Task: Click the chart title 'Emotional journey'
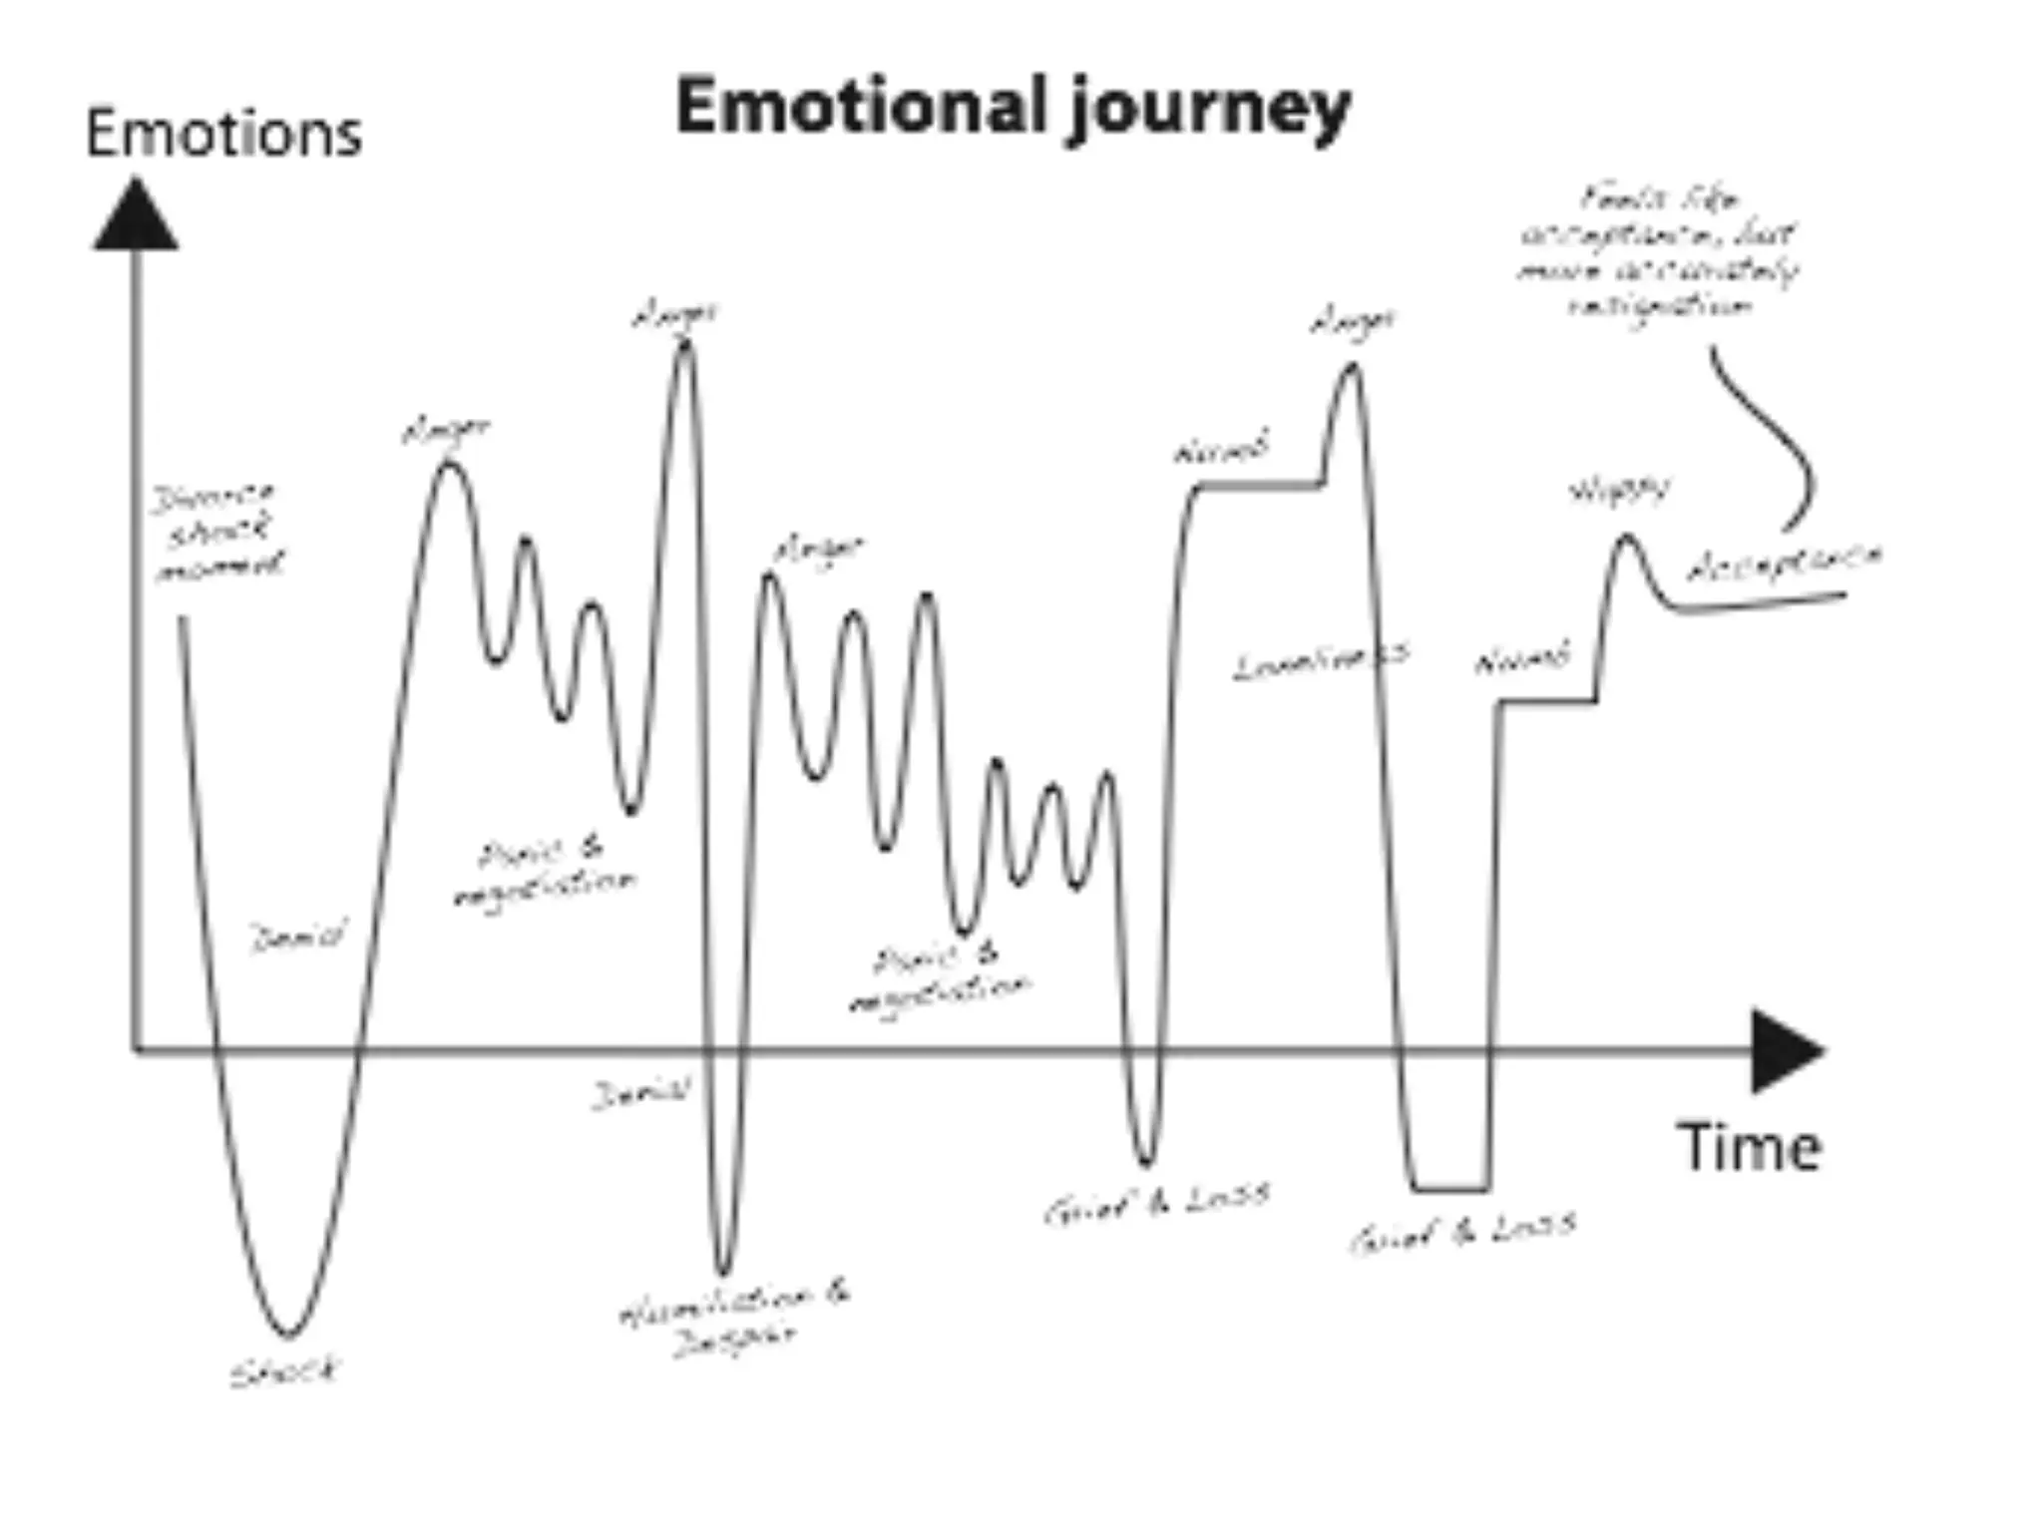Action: tap(1013, 108)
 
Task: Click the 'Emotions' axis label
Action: tap(223, 135)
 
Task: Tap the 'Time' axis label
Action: tap(1749, 1147)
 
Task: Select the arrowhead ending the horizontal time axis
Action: tap(1786, 1050)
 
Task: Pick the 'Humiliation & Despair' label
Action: tap(735, 1318)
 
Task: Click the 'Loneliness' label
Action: tap(1321, 660)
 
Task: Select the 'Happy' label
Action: tap(1618, 491)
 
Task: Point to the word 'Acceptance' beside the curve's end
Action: tap(1783, 564)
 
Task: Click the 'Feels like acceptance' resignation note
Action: tap(1658, 251)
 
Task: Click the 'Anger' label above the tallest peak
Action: tap(675, 315)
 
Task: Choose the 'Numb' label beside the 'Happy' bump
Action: tap(1521, 660)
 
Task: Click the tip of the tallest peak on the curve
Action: tap(684, 344)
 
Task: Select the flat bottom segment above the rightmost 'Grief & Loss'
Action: tap(1451, 1189)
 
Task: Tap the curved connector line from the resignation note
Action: tap(1781, 439)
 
